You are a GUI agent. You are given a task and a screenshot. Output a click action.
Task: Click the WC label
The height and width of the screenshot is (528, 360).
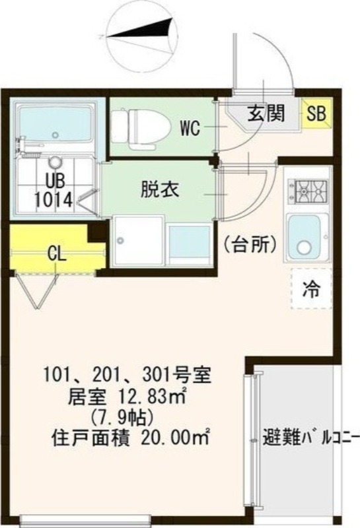[x=190, y=128]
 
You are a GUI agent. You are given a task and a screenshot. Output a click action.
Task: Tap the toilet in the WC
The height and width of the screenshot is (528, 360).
[x=135, y=123]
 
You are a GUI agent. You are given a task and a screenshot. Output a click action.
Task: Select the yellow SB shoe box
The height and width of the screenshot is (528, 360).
[x=316, y=114]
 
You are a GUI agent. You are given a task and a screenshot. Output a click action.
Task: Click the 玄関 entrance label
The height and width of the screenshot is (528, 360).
[x=266, y=114]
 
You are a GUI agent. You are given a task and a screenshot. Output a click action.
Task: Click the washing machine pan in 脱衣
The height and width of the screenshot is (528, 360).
[x=137, y=241]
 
